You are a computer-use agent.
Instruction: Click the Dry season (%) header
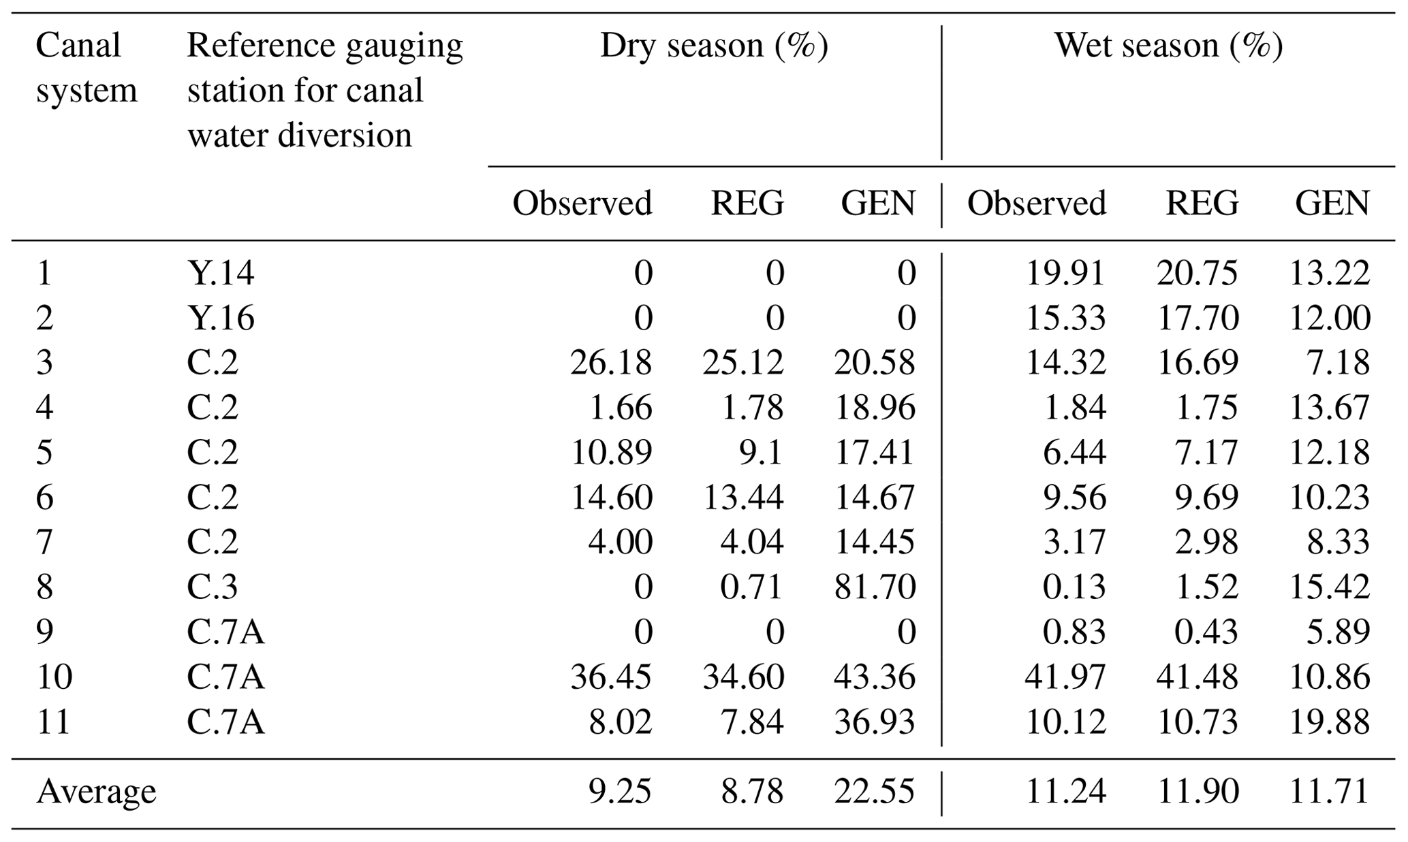click(714, 46)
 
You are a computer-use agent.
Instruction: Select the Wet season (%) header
click(1169, 46)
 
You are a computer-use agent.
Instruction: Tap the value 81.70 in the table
click(875, 587)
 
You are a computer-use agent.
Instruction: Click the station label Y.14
click(221, 272)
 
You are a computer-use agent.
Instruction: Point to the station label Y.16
click(221, 317)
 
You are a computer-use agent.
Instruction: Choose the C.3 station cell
click(213, 587)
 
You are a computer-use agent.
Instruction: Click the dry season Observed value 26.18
click(611, 362)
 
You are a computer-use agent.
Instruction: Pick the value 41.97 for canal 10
click(1065, 677)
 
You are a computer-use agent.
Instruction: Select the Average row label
click(96, 791)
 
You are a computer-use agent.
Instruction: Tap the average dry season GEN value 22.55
click(875, 791)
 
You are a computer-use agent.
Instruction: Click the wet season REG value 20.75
click(1197, 272)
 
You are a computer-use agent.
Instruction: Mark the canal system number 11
click(53, 722)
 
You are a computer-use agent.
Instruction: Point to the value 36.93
click(875, 722)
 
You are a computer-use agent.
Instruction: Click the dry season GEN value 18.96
click(875, 407)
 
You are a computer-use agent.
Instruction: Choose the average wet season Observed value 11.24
click(1065, 791)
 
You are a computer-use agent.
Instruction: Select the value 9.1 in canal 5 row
click(760, 452)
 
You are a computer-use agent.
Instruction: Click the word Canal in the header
click(78, 46)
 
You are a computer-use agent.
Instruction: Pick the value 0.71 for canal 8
click(752, 587)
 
